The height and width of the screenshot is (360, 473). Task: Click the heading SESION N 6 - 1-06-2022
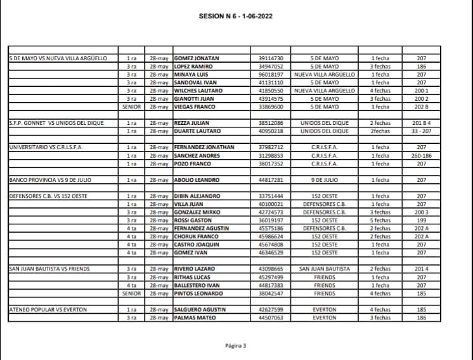click(235, 16)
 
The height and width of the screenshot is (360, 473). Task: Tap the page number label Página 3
click(235, 346)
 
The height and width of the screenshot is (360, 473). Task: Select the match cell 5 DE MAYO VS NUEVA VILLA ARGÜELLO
click(58, 58)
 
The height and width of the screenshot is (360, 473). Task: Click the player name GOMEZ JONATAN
click(197, 58)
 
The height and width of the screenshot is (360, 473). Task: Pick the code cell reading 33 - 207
click(422, 131)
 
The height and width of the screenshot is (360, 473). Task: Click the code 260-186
click(422, 155)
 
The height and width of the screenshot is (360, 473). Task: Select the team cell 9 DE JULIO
click(325, 180)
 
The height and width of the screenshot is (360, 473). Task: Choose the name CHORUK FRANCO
click(197, 236)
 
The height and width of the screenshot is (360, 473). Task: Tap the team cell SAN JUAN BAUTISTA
click(325, 269)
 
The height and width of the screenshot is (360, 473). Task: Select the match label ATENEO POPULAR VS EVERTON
click(48, 309)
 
